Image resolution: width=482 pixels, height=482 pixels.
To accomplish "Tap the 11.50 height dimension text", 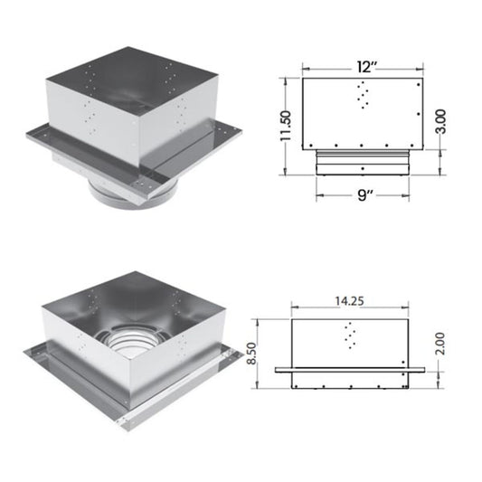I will (x=286, y=127).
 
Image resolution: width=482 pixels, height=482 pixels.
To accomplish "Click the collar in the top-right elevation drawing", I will (x=362, y=163).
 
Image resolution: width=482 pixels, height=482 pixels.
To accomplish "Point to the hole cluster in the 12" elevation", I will (x=363, y=94).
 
